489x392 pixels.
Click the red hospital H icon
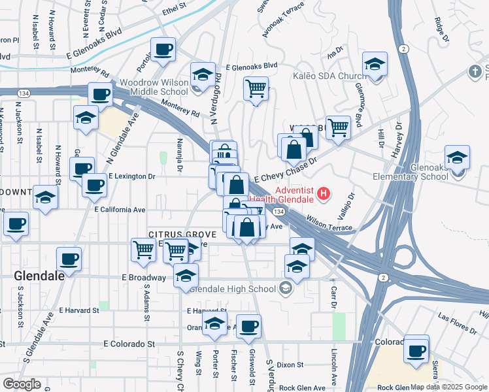tap(324, 194)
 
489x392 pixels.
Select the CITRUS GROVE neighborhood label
tap(173, 233)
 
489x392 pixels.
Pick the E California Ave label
tap(120, 210)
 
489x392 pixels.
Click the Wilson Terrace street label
tap(329, 223)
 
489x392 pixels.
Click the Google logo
tap(22, 384)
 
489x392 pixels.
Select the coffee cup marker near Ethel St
tap(163, 48)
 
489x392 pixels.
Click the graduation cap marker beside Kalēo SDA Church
tap(375, 65)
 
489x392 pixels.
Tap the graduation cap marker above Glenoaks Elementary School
tap(457, 157)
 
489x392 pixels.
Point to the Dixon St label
tap(290, 365)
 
